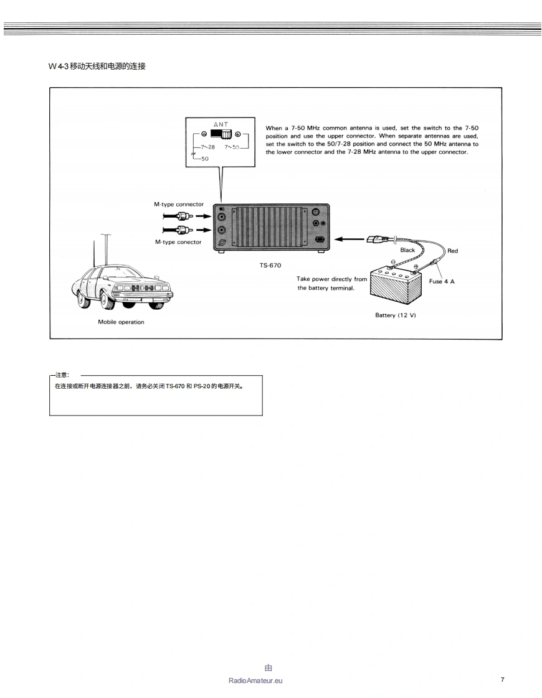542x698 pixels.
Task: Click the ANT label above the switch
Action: (x=221, y=124)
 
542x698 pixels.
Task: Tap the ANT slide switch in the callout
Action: (x=221, y=134)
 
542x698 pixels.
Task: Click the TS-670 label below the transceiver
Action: (x=270, y=265)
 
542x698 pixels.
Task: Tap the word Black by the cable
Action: (x=407, y=250)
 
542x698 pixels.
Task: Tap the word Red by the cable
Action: (x=452, y=251)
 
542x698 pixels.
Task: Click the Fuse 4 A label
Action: (x=442, y=281)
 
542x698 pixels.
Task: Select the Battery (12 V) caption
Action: (x=395, y=315)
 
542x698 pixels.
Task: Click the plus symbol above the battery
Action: (x=416, y=267)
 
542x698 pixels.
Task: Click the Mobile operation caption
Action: (x=121, y=322)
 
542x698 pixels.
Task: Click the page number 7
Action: (x=502, y=679)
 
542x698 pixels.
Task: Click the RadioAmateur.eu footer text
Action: (x=255, y=681)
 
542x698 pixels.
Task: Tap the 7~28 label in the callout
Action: (x=207, y=147)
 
